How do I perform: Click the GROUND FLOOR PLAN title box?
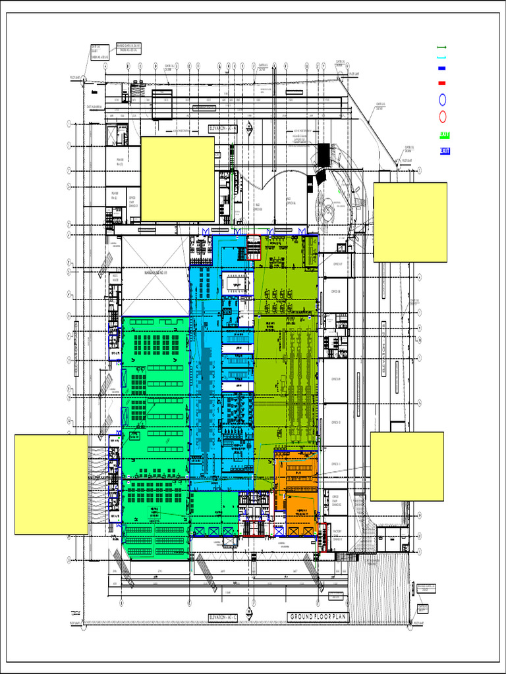(318, 617)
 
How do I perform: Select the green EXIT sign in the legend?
(445, 135)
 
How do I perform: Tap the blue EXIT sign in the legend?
(445, 151)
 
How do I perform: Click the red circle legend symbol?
(442, 117)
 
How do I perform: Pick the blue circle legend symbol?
(442, 100)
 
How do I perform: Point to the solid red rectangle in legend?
(442, 83)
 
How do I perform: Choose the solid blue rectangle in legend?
(442, 68)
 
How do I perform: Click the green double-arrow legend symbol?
(442, 47)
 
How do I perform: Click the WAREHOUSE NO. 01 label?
(157, 271)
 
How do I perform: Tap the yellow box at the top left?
(177, 178)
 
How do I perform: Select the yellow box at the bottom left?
(51, 484)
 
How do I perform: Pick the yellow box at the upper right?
(410, 222)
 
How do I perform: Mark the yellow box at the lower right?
(407, 466)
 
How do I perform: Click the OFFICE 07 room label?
(337, 265)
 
